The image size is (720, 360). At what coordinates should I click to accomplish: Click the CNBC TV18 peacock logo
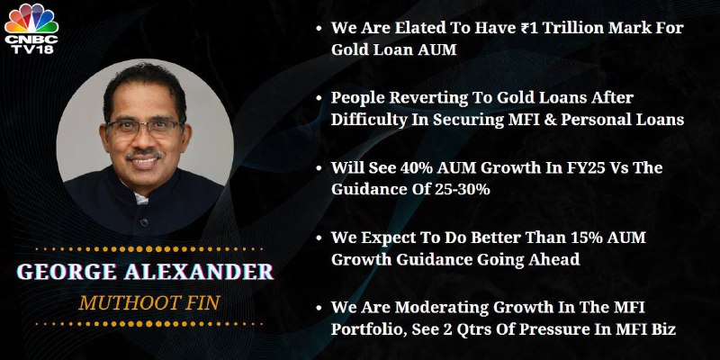pyautogui.click(x=31, y=29)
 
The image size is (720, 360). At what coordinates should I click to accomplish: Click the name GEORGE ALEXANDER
pyautogui.click(x=145, y=272)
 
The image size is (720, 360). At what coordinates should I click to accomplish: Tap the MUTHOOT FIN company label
pyautogui.click(x=149, y=303)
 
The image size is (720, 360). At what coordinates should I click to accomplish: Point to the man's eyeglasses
pyautogui.click(x=144, y=128)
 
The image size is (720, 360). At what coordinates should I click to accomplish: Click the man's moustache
pyautogui.click(x=144, y=153)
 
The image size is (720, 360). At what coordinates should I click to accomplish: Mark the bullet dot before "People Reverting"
pyautogui.click(x=319, y=98)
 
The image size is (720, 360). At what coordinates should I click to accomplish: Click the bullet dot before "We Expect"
pyautogui.click(x=319, y=238)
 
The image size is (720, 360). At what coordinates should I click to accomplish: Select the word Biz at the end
pyautogui.click(x=664, y=329)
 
